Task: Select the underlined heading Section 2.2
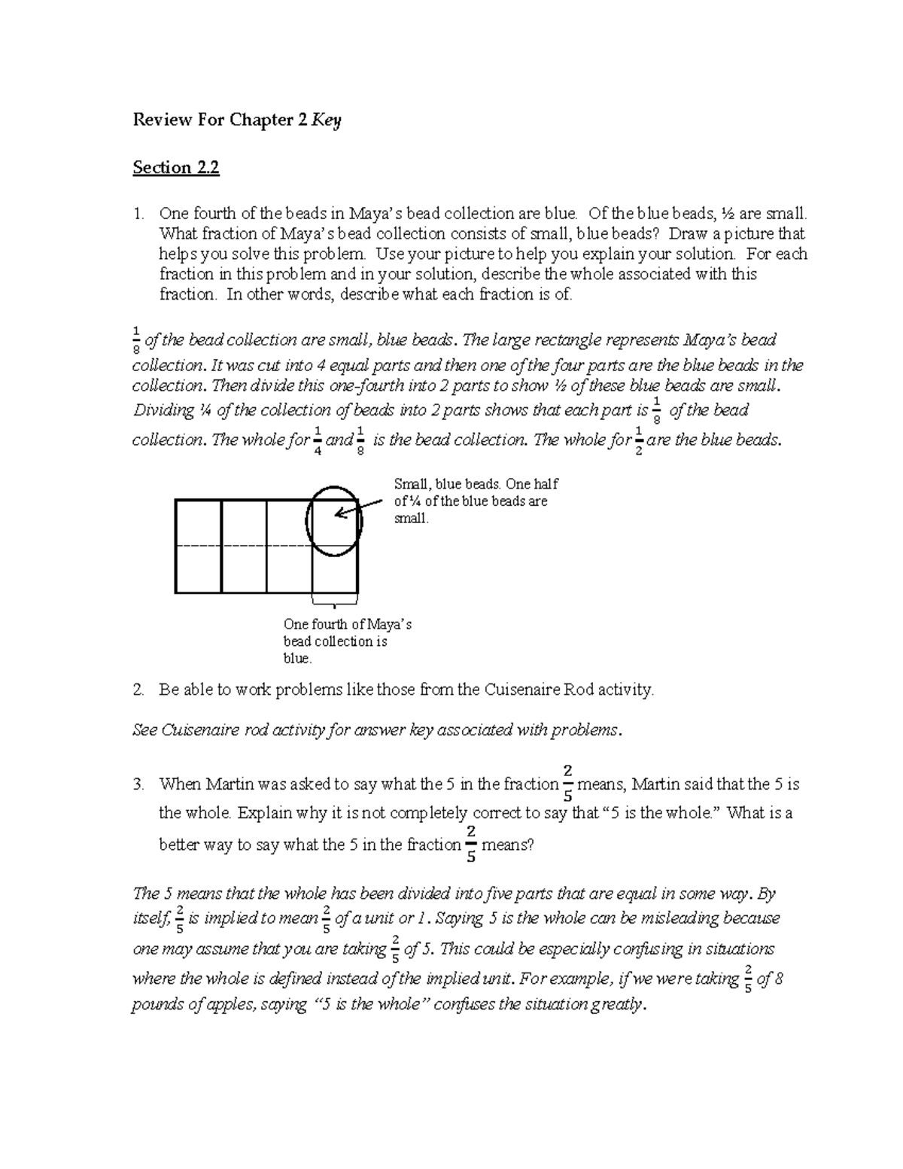pyautogui.click(x=176, y=167)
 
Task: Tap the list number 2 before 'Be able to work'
pyautogui.click(x=138, y=689)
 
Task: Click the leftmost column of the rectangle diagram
pyautogui.click(x=198, y=546)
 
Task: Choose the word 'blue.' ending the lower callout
pyautogui.click(x=297, y=659)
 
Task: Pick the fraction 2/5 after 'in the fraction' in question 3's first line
pyautogui.click(x=567, y=784)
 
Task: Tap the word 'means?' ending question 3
pyautogui.click(x=507, y=845)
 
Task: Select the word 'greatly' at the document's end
pyautogui.click(x=618, y=1004)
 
